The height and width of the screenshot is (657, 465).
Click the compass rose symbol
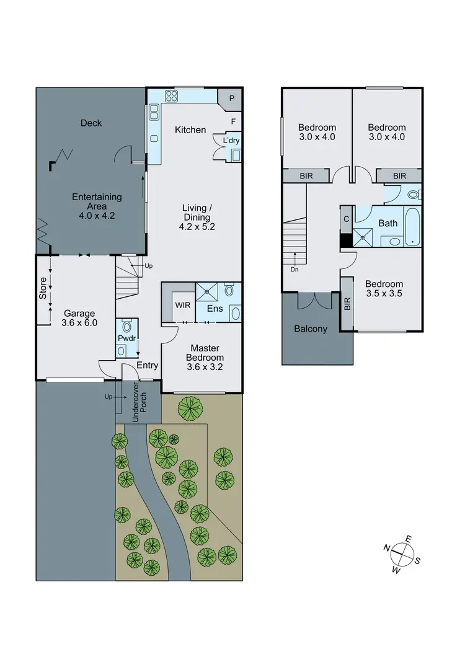(402, 552)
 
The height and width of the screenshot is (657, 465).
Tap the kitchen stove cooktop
(171, 96)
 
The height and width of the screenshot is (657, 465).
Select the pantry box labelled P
(231, 98)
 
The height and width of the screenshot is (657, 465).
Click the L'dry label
(231, 141)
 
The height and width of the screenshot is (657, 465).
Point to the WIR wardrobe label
(183, 305)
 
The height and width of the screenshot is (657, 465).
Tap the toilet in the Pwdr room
(128, 327)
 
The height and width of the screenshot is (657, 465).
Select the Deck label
(91, 123)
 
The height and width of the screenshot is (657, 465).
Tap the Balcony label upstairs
(311, 329)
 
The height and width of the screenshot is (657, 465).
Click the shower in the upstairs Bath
(361, 236)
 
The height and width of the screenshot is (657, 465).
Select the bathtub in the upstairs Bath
(412, 227)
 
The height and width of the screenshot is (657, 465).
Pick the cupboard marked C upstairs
(346, 218)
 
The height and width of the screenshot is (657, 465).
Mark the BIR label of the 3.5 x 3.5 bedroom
(347, 303)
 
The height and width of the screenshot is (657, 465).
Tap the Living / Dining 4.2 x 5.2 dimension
(196, 218)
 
